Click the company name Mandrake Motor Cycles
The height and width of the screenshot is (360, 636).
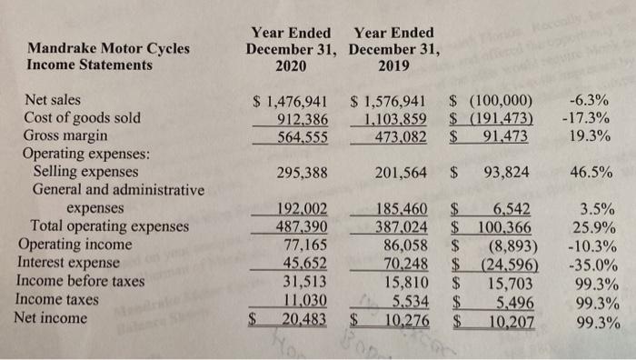[109, 47]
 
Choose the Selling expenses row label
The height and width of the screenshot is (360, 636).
[85, 171]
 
